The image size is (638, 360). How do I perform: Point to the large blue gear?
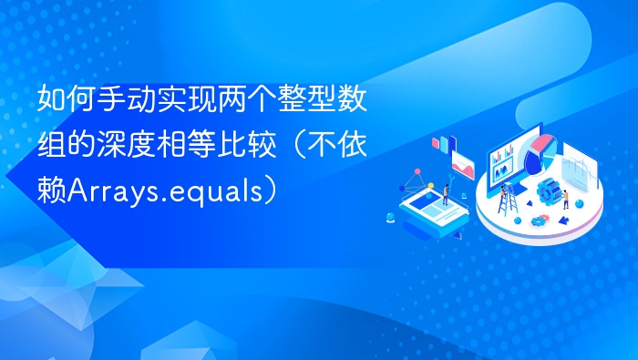(548, 191)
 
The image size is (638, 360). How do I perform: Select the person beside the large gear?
(566, 197)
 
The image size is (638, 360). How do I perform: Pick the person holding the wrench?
(445, 191)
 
